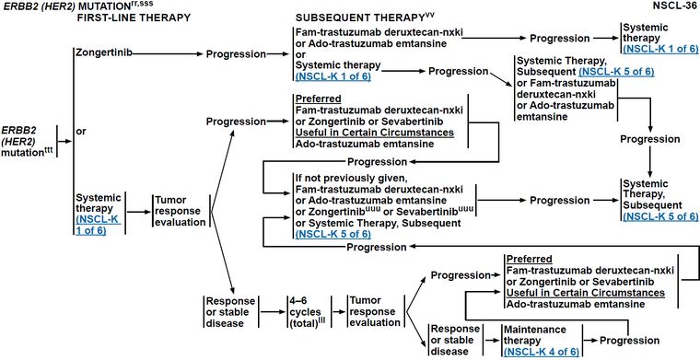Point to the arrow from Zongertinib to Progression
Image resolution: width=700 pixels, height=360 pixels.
point(168,54)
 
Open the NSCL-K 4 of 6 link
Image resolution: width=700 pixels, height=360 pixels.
point(541,351)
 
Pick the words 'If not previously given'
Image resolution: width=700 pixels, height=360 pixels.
point(350,179)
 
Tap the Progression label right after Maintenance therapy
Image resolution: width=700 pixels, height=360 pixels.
point(629,341)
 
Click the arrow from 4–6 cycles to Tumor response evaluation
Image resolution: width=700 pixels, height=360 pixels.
point(337,311)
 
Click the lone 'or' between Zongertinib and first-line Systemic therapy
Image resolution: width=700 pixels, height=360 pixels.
point(81,132)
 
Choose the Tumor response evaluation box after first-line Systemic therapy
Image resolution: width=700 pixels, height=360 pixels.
point(180,211)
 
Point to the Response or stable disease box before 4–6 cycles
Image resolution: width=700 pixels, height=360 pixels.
point(229,311)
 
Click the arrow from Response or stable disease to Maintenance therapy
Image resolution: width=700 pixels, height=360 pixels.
point(492,341)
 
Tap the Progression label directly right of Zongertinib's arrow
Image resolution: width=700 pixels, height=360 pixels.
point(236,54)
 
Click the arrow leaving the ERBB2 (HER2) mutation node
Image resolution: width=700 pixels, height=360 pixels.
point(65,141)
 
